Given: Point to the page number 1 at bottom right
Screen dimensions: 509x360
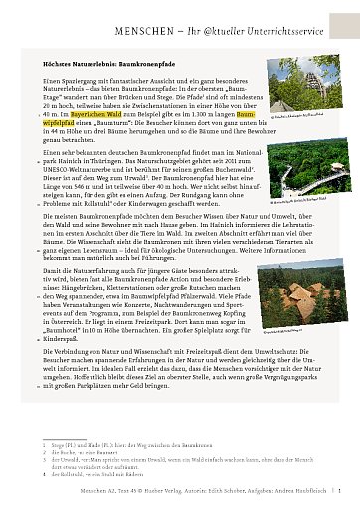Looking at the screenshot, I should [x=341, y=492].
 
